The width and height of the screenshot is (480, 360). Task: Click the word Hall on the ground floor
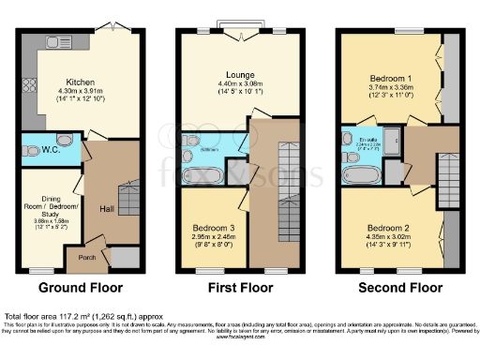[x=107, y=210]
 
